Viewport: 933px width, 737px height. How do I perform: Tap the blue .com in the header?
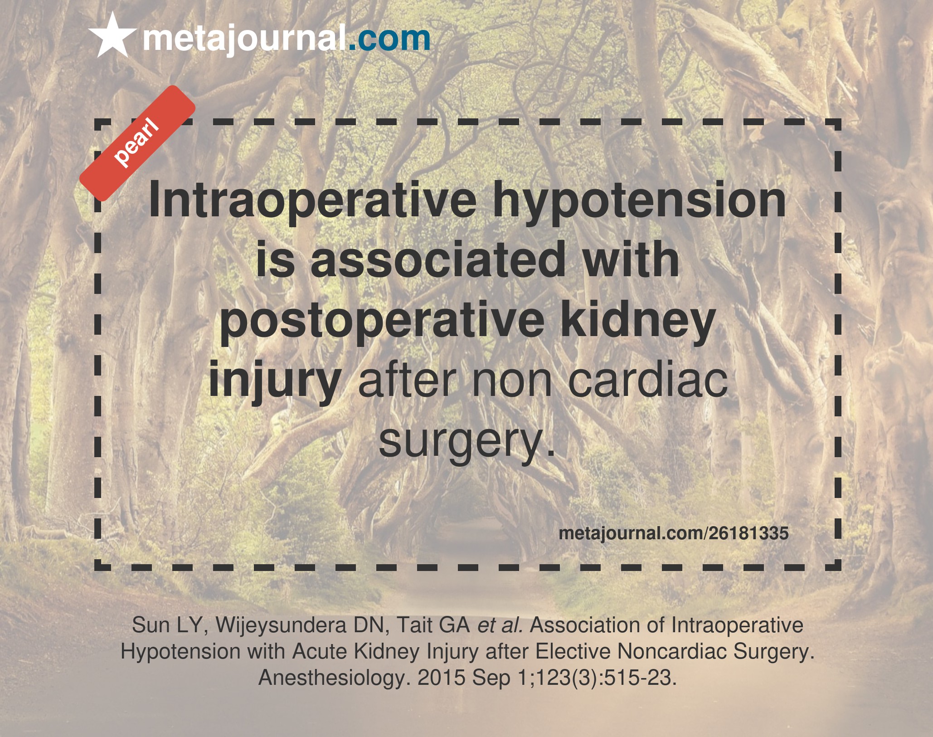click(389, 39)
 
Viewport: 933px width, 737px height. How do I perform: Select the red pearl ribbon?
click(137, 143)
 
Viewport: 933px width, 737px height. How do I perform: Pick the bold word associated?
click(438, 260)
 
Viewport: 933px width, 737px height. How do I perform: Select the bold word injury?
click(275, 381)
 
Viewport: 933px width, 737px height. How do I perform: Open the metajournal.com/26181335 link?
click(674, 533)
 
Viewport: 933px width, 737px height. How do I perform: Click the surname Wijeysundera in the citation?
click(280, 625)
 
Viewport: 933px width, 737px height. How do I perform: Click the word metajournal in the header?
click(244, 39)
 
